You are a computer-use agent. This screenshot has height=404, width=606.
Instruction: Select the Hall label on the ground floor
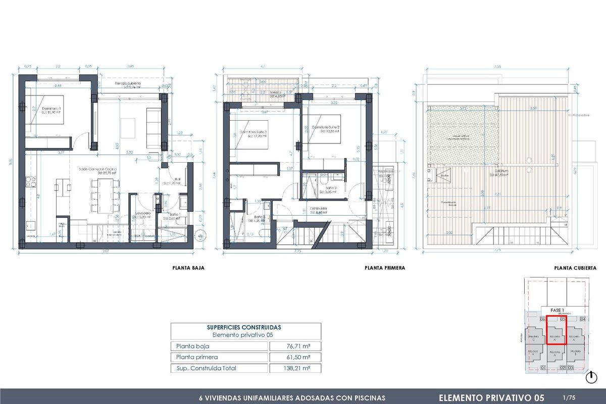point(177,178)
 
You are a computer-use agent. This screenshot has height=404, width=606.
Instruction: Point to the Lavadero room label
point(142,214)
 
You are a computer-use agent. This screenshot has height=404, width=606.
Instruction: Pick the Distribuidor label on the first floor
point(319,209)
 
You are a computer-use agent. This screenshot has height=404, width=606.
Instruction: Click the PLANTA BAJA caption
point(188,268)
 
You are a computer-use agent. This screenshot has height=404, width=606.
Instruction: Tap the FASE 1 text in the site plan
point(557,310)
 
